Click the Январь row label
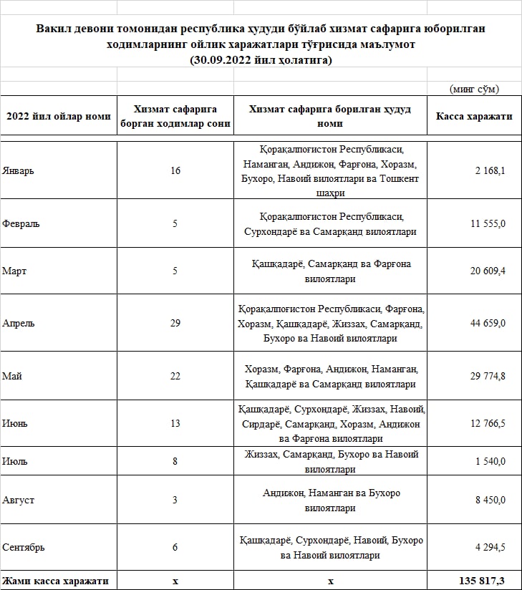tap(19, 170)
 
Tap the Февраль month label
tap(21, 223)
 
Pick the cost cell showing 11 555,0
tap(488, 223)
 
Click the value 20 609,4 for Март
tap(488, 271)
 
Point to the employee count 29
tap(175, 323)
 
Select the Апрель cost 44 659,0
tap(488, 323)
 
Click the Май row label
tap(12, 376)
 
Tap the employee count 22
tap(175, 376)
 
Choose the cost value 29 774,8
tap(488, 376)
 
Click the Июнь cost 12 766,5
tap(488, 423)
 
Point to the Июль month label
tap(15, 461)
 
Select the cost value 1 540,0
tap(490, 461)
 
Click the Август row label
tap(19, 500)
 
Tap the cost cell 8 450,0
tap(490, 500)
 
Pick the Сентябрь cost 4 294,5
tap(490, 547)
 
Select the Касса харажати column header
tap(474, 115)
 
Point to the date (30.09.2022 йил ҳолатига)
tap(261, 60)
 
